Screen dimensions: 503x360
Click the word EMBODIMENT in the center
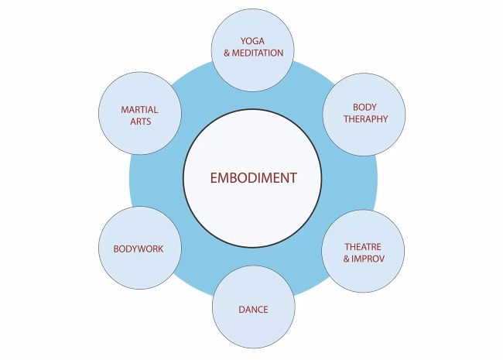tap(253, 177)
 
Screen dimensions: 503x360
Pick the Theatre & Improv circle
tap(364, 252)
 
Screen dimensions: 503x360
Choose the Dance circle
tap(253, 309)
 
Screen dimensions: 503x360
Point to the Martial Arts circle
tap(140, 115)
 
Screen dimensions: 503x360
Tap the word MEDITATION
tap(258, 53)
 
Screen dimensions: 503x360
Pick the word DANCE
tap(253, 310)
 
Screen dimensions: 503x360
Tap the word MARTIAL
tap(140, 110)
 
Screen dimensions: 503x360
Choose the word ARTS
tap(140, 122)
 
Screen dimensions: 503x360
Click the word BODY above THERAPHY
tap(364, 107)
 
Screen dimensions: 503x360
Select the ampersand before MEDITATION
tap(227, 53)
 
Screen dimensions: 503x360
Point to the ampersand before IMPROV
tap(347, 258)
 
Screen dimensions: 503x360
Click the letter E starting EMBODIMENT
tap(214, 177)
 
